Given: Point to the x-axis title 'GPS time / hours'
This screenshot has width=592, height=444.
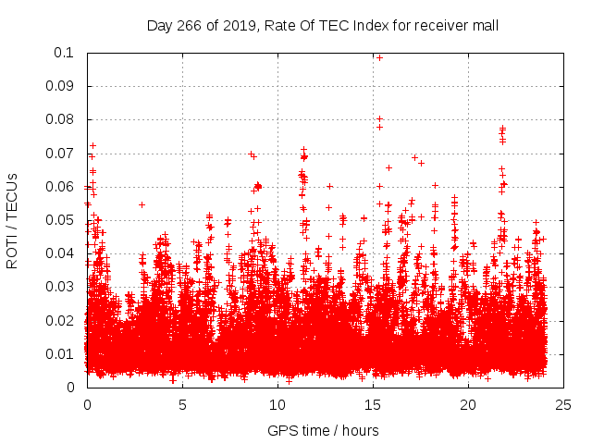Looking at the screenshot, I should click(x=323, y=430).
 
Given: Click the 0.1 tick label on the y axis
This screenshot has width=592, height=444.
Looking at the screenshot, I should click(x=64, y=53).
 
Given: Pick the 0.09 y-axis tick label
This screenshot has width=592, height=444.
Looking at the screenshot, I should click(x=60, y=86).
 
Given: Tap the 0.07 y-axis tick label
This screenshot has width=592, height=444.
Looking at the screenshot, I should click(x=60, y=153).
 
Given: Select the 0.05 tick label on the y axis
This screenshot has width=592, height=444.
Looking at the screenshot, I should click(x=60, y=220).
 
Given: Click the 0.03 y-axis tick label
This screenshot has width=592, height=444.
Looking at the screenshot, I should click(x=60, y=287).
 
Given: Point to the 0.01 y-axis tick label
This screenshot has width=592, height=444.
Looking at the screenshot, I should click(x=60, y=353).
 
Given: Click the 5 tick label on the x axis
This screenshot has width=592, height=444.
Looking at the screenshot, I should click(x=183, y=404).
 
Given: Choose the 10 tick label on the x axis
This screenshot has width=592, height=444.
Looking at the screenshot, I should click(x=278, y=404).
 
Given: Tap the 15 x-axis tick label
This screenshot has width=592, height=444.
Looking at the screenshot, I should click(x=374, y=404).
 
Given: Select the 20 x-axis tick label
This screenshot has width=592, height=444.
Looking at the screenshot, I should click(x=469, y=404).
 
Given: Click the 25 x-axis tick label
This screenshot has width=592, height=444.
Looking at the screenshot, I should click(x=564, y=404).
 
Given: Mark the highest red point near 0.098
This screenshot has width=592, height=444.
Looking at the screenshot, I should click(x=379, y=57).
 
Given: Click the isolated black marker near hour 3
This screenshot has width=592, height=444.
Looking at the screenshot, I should click(x=142, y=204).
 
